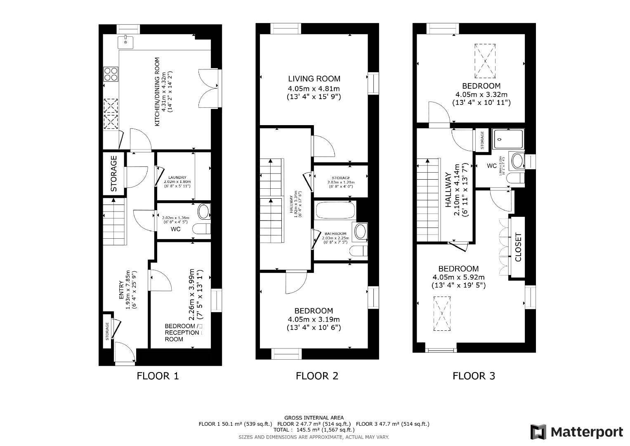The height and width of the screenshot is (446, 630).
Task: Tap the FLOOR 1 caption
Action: coord(158,376)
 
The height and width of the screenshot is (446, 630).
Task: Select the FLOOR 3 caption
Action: coord(474,376)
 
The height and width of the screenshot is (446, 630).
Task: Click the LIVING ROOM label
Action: coord(314,79)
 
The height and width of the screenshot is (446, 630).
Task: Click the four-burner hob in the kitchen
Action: coord(111,74)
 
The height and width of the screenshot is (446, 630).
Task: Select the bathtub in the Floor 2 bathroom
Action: coord(335,210)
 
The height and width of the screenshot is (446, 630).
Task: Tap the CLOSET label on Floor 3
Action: coord(518,248)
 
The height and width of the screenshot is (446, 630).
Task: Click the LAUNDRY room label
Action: coord(177,178)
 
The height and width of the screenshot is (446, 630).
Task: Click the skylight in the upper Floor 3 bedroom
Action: coord(485,61)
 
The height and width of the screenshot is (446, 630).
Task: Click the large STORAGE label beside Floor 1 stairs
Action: coord(114,173)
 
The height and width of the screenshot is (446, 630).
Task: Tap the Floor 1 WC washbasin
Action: coord(203,212)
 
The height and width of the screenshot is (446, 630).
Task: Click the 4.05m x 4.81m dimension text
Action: coord(314,88)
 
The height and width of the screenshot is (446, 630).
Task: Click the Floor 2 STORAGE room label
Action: coord(340,178)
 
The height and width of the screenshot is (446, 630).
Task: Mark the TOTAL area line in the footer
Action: coord(314,429)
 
